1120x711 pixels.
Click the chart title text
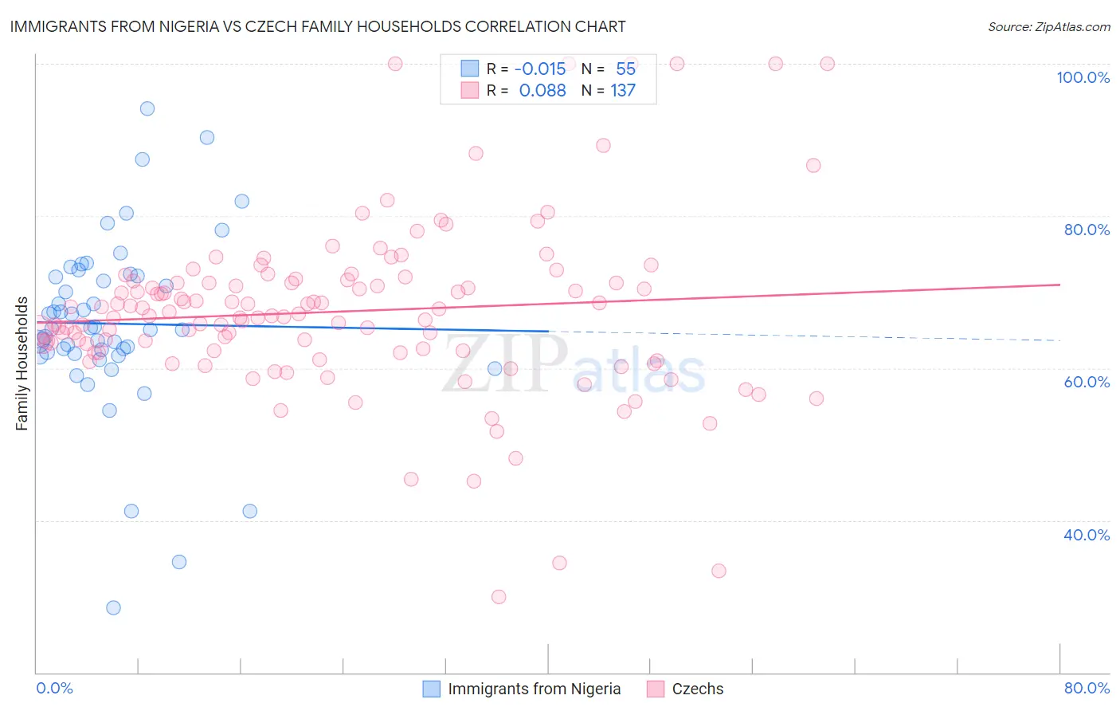click(x=316, y=26)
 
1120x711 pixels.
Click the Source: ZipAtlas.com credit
click(x=1048, y=26)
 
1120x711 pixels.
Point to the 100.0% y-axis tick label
click(x=1083, y=77)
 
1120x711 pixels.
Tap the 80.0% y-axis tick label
click(x=1087, y=230)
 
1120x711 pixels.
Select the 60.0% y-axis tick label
click(x=1087, y=382)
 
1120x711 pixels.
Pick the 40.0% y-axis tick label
click(x=1087, y=535)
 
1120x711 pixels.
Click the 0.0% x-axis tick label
click(x=54, y=688)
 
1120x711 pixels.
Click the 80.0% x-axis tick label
click(x=1087, y=688)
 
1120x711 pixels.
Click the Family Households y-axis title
click(x=22, y=363)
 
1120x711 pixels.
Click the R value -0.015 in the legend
click(x=540, y=69)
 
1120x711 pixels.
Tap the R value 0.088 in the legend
click(x=542, y=90)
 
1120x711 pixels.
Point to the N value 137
click(x=623, y=90)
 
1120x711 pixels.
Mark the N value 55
click(x=625, y=69)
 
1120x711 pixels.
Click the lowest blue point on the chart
click(x=113, y=607)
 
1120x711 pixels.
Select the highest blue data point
click(x=147, y=108)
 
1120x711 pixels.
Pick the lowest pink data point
click(x=499, y=597)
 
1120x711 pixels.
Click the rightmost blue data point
click(x=495, y=368)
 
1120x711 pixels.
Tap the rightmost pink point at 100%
click(x=827, y=64)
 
